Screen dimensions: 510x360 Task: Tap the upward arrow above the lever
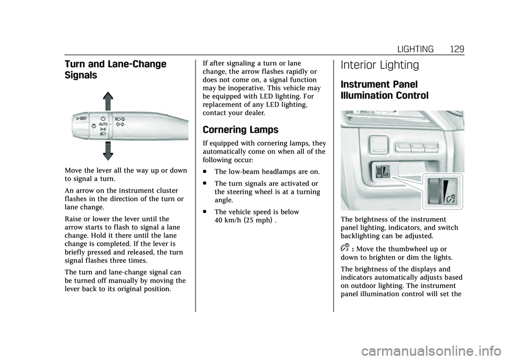point(107,101)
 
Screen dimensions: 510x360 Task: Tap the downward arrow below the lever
point(107,150)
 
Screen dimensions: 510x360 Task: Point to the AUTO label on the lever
point(104,124)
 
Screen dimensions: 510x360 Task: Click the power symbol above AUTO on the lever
point(104,117)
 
